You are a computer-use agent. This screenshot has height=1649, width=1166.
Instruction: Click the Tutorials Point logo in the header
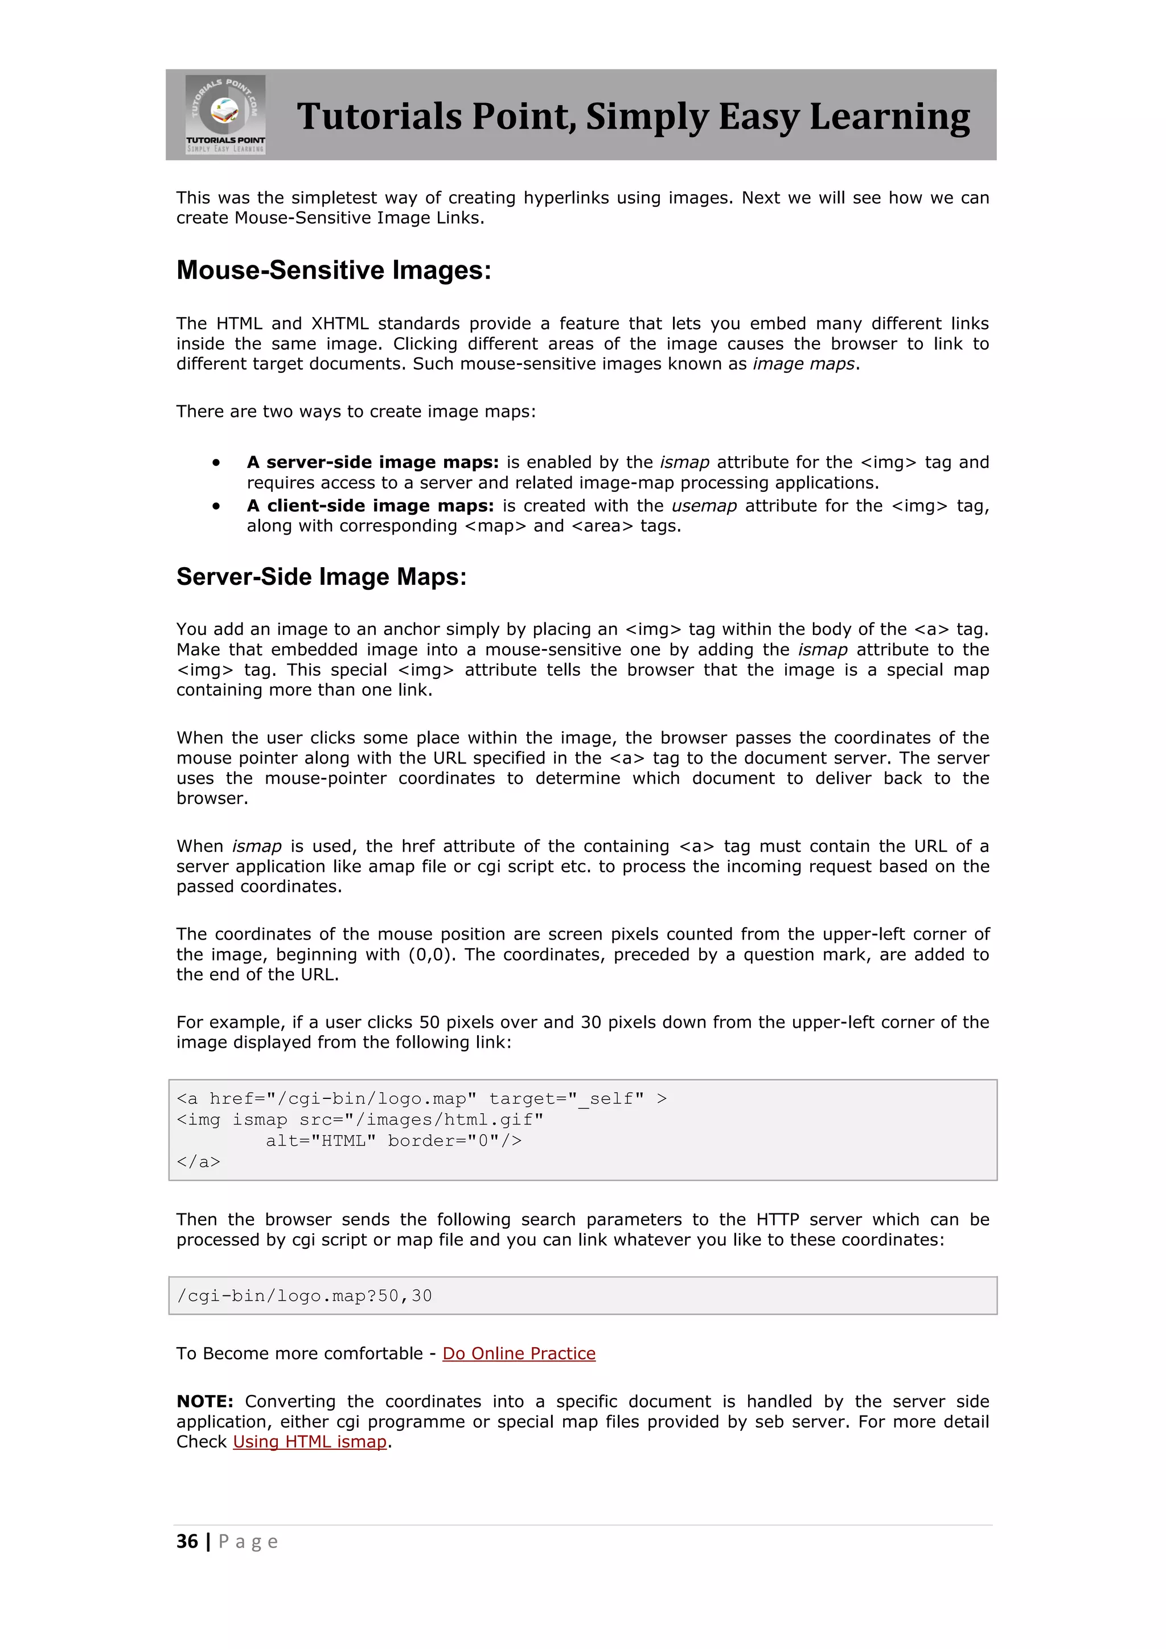click(x=225, y=114)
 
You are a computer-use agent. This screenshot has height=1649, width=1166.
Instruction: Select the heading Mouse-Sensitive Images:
click(x=334, y=271)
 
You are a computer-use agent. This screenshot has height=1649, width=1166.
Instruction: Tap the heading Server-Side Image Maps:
click(x=321, y=577)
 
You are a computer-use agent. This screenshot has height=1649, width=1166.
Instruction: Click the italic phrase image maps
click(x=803, y=364)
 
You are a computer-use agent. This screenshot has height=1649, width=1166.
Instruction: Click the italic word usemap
click(x=704, y=506)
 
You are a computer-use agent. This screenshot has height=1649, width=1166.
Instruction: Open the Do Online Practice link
click(x=519, y=1354)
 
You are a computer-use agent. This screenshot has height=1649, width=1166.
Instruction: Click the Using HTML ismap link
click(x=310, y=1442)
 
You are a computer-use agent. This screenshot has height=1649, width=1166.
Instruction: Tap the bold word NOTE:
click(x=204, y=1402)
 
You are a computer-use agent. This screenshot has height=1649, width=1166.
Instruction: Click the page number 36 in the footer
click(x=187, y=1542)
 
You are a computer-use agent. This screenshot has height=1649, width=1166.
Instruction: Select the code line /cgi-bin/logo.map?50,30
click(x=305, y=1297)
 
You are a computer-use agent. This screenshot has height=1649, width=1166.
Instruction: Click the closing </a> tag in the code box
click(x=198, y=1162)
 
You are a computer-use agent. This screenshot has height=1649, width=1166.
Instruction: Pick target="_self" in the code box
click(x=566, y=1099)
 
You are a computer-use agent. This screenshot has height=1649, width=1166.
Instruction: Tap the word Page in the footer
click(x=248, y=1542)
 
